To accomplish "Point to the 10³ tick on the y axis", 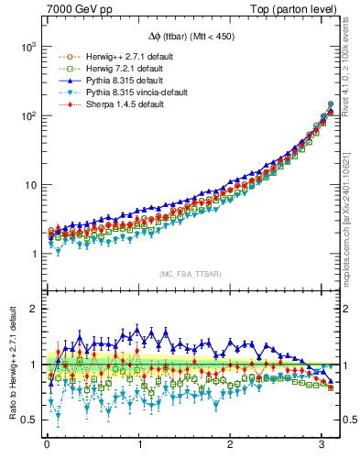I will pyautogui.click(x=27, y=46).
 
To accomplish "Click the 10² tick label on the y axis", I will pyautogui.click(x=27, y=115).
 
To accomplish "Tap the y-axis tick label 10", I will pyautogui.click(x=29, y=185).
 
